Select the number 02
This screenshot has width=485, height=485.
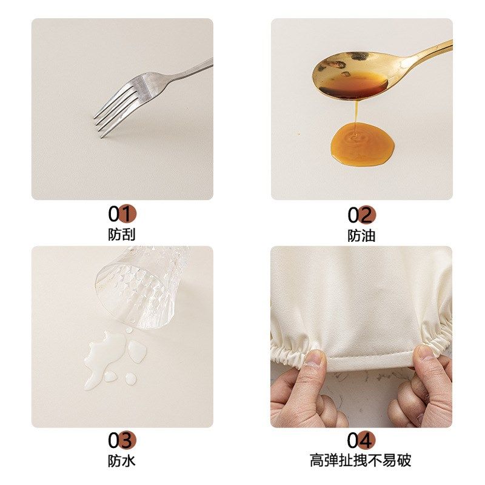[x=361, y=215]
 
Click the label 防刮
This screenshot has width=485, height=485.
[x=122, y=235]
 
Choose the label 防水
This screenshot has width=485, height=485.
[x=122, y=461]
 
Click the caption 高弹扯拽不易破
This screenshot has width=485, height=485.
[x=361, y=461]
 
